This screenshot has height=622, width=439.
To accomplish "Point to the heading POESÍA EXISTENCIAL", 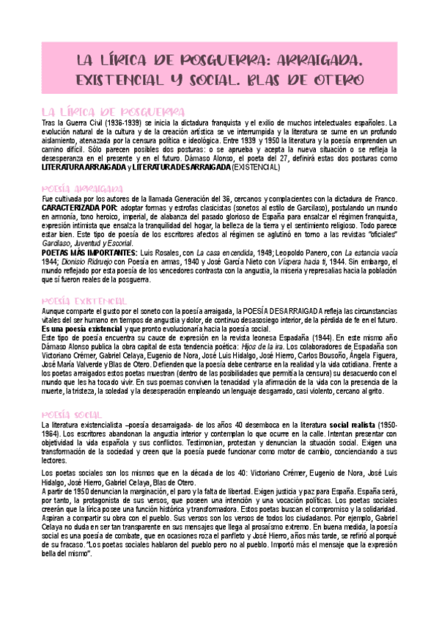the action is (x=85, y=301).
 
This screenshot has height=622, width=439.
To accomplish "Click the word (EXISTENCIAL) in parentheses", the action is (x=257, y=168).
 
